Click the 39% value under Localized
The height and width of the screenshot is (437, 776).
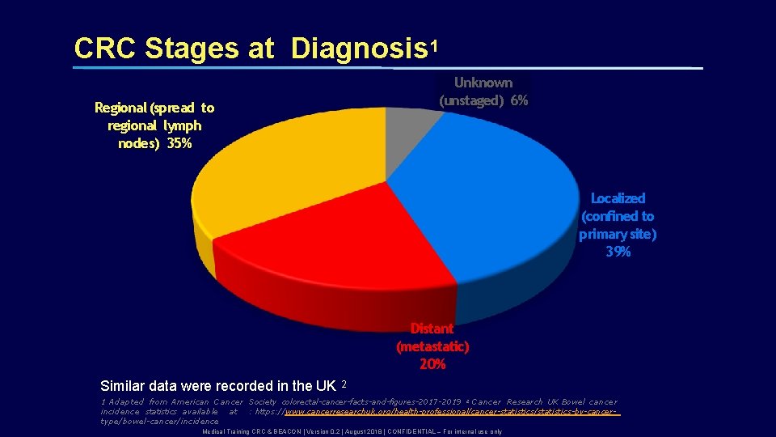point(618,252)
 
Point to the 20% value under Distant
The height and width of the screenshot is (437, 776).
point(432,364)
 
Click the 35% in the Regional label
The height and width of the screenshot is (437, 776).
point(179,143)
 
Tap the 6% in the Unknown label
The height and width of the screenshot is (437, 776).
point(519,100)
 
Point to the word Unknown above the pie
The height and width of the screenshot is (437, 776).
point(483,83)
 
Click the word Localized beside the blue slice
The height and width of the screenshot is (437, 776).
point(618,198)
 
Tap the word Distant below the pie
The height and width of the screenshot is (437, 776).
point(432,329)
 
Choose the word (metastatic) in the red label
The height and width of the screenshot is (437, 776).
point(432,346)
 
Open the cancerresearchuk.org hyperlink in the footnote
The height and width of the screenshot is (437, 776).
point(453,412)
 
